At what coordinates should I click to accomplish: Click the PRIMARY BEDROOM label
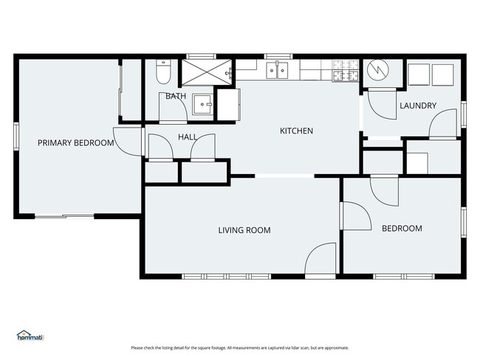coord(75,143)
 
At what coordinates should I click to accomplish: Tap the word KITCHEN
coord(296,131)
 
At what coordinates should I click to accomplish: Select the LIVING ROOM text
coord(244,230)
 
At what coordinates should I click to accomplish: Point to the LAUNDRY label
coord(418,105)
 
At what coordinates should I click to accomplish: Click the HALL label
coord(188,137)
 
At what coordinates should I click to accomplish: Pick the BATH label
coord(176,96)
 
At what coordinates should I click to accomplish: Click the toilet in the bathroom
coord(163,72)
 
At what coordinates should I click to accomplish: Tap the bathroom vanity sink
coord(202,105)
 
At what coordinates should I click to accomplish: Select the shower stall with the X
coord(207,72)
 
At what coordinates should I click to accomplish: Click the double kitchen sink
coord(277,70)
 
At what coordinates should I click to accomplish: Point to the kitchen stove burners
coord(346,71)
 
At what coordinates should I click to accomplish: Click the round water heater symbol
coord(378,69)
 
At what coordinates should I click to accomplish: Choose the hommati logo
coord(30,336)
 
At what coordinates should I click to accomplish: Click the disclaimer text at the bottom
coord(240,347)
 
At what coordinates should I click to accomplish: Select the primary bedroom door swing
coord(127,142)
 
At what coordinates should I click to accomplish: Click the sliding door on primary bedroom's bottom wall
coord(64,216)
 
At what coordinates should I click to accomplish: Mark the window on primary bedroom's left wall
coord(16,136)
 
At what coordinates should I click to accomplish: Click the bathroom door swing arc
coord(174,106)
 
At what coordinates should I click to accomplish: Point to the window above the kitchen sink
coord(278,56)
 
